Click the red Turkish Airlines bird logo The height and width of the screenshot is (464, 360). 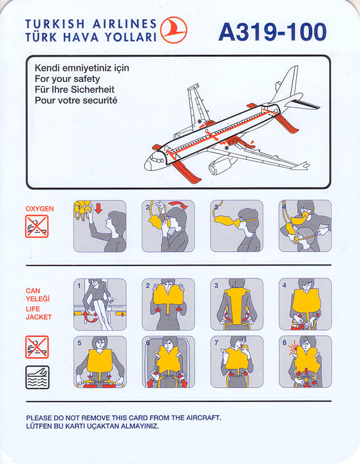[x=174, y=30]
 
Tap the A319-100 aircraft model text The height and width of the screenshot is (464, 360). [x=272, y=32]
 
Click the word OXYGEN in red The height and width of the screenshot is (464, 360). [x=40, y=209]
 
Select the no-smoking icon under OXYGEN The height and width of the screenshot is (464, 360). [x=37, y=226]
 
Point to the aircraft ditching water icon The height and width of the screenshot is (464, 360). [x=37, y=377]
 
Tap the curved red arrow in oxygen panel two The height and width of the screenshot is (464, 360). [x=178, y=205]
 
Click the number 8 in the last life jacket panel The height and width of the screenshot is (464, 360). [x=284, y=342]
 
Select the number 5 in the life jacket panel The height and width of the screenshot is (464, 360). [x=79, y=343]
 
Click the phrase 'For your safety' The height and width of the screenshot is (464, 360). [x=67, y=79]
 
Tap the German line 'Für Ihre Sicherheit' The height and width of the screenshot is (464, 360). [x=75, y=90]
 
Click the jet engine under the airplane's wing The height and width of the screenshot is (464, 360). [x=220, y=166]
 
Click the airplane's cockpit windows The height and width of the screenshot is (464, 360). [x=158, y=160]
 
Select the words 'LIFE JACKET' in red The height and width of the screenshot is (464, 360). [x=39, y=313]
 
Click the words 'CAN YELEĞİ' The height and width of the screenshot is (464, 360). [x=37, y=295]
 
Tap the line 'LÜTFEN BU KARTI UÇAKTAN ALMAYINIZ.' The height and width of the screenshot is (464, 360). [x=92, y=426]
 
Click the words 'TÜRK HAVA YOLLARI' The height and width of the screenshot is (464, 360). [x=91, y=37]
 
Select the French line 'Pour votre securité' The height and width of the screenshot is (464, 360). [x=76, y=101]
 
